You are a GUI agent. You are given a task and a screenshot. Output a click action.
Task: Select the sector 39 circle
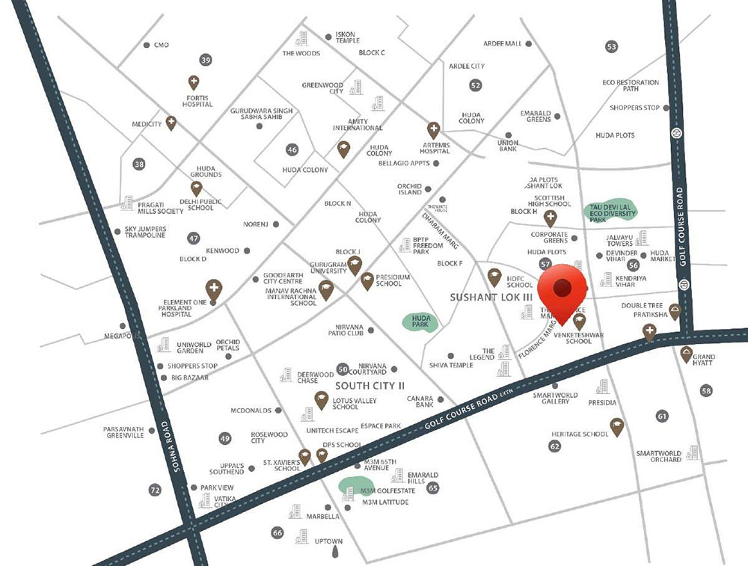click(x=206, y=60)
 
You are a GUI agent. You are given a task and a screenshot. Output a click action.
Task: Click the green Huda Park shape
click(x=419, y=322)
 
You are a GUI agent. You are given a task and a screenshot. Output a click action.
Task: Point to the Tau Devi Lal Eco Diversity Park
click(x=610, y=212)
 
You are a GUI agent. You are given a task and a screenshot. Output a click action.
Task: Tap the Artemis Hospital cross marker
click(x=432, y=129)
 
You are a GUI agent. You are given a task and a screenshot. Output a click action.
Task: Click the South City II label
click(x=370, y=385)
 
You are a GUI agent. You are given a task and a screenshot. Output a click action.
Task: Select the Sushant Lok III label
click(x=491, y=297)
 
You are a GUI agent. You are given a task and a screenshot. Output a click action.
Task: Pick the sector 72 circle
click(x=155, y=490)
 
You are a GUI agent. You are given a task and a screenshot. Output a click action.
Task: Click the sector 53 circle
click(x=612, y=46)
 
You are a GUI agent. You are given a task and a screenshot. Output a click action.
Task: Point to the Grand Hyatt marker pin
click(x=686, y=354)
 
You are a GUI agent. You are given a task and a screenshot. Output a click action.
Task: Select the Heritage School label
click(x=580, y=434)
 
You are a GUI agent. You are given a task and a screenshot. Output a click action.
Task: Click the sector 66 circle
click(x=278, y=532)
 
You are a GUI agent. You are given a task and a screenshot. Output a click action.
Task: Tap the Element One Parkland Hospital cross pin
click(x=213, y=289)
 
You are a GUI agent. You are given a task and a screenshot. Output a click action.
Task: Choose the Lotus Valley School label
click(x=345, y=403)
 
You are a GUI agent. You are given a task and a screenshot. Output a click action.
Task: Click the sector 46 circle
click(x=292, y=150)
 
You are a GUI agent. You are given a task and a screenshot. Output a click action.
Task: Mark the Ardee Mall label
click(x=503, y=43)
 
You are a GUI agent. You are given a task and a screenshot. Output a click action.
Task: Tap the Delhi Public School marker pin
click(x=196, y=188)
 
